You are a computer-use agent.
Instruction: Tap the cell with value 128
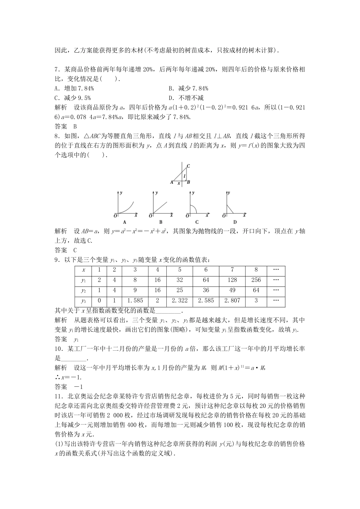coord(232,280)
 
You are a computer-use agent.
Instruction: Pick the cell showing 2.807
coord(232,300)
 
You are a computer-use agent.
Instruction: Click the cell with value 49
coord(232,290)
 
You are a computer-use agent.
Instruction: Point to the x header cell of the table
coord(84,270)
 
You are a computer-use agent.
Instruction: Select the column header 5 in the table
coord(180,270)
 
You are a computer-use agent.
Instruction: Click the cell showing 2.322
coord(180,300)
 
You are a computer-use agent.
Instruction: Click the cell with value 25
coord(180,290)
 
